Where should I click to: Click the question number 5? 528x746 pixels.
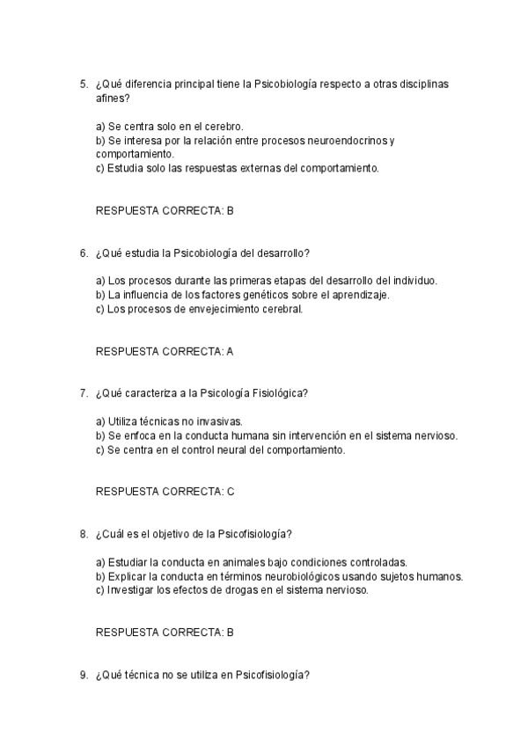[83, 84]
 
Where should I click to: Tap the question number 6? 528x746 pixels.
[83, 253]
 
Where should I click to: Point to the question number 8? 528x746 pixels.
[83, 534]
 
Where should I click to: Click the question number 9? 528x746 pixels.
[83, 675]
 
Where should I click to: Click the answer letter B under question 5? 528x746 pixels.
[230, 211]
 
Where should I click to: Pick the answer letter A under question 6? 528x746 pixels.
[230, 352]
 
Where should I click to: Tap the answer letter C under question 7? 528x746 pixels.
[230, 492]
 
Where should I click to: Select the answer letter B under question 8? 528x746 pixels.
[230, 633]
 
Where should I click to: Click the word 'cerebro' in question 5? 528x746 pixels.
[224, 127]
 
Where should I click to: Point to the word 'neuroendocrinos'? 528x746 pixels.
[350, 141]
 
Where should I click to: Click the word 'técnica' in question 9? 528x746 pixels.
[143, 675]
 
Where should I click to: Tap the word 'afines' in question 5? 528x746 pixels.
[110, 99]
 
